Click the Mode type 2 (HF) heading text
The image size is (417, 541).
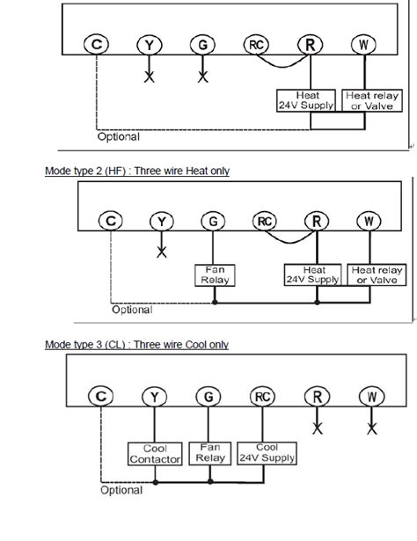[x=136, y=171]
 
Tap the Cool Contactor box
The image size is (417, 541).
[x=155, y=454]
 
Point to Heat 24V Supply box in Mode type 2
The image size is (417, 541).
[x=311, y=274]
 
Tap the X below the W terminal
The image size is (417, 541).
[x=372, y=428]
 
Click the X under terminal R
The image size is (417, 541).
[x=317, y=428]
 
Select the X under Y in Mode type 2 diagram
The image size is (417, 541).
[x=161, y=252]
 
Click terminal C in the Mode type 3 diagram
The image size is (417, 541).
[x=101, y=398]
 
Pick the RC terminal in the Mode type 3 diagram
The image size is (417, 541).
[x=261, y=398]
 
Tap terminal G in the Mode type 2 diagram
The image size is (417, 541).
[x=212, y=222]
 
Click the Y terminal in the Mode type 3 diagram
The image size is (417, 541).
[x=155, y=398]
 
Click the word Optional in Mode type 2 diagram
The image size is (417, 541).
[x=132, y=310]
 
